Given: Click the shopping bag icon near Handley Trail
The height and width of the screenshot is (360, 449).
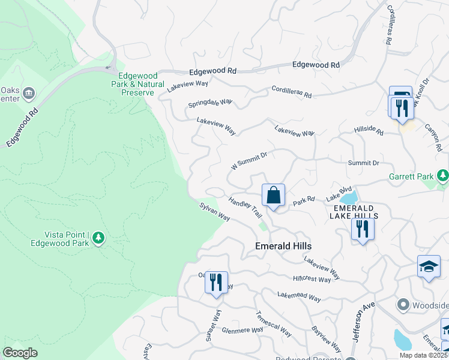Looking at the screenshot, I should click(x=273, y=195).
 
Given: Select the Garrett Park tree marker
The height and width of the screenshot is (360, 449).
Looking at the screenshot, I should click(x=443, y=175).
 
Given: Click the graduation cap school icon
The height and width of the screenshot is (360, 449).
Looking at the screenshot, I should click(x=429, y=266).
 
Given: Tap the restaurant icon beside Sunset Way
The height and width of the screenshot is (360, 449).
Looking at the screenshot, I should click(x=216, y=281).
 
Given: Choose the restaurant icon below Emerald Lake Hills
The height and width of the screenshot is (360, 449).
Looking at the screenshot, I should click(x=363, y=229).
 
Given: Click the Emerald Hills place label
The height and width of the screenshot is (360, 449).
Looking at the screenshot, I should click(x=283, y=246).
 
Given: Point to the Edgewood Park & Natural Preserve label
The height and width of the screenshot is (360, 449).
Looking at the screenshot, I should click(x=137, y=84).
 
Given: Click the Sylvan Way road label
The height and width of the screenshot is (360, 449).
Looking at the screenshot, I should click(x=215, y=211).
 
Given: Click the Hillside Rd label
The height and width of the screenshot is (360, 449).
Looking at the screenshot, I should click(x=369, y=130).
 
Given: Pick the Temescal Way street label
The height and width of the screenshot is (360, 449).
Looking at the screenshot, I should click(x=274, y=324).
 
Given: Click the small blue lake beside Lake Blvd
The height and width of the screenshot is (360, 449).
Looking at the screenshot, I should click(x=349, y=197).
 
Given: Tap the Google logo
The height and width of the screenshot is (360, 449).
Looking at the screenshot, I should click(x=20, y=353).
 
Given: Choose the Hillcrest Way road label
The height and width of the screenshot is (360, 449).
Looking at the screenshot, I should click(x=312, y=280).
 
